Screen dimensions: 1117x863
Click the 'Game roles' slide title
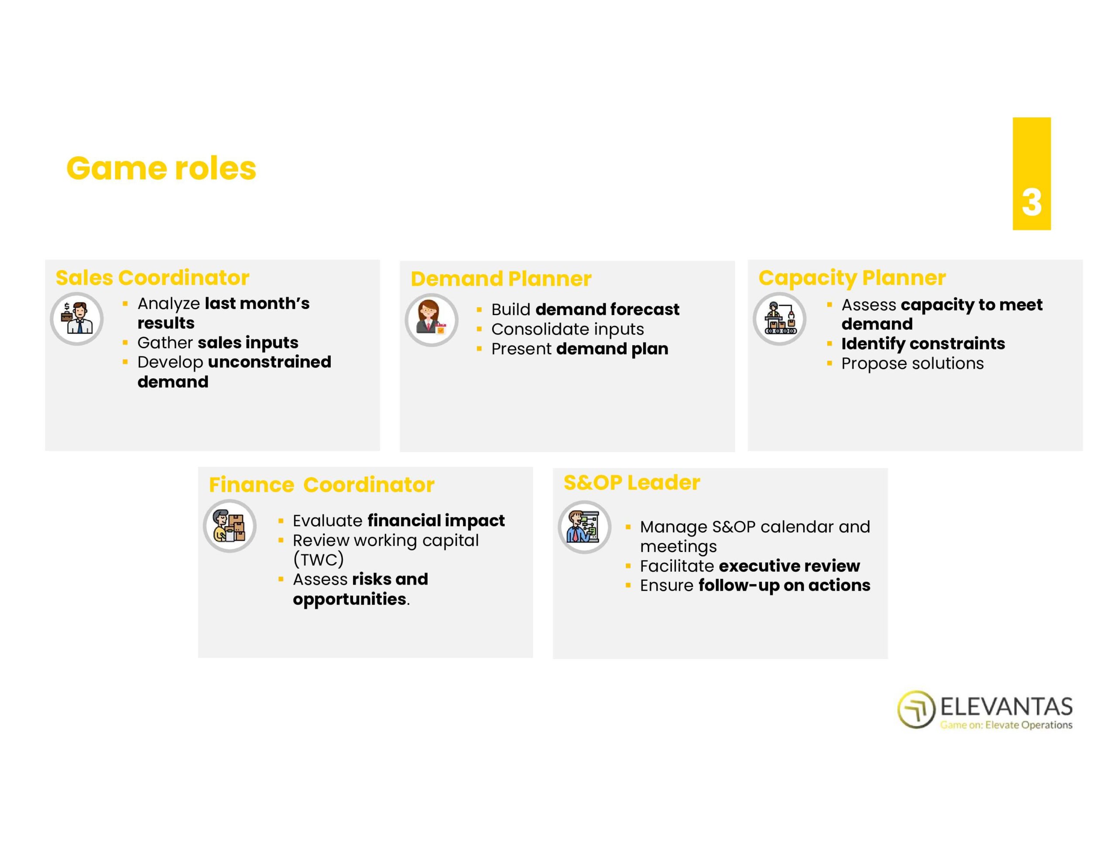(x=161, y=168)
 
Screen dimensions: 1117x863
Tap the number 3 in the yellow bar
(x=1031, y=202)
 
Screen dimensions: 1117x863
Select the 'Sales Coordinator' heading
(x=152, y=278)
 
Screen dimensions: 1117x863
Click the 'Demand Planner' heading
(x=501, y=279)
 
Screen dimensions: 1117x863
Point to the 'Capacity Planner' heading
(x=852, y=278)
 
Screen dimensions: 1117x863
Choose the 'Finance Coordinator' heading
(x=322, y=484)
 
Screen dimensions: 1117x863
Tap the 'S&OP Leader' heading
(x=632, y=483)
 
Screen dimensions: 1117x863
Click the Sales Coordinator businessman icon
(x=77, y=318)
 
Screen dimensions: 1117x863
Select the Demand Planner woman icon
(x=432, y=320)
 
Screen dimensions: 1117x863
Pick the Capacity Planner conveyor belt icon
(x=779, y=318)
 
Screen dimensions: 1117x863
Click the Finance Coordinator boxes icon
(x=230, y=526)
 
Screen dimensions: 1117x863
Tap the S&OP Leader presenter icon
(x=585, y=527)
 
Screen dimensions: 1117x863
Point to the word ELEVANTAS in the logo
(x=1007, y=706)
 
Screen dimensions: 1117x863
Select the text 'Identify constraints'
(x=923, y=343)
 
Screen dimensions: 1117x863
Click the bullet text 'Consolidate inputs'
(x=568, y=329)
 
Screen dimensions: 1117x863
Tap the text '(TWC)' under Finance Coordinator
(x=318, y=560)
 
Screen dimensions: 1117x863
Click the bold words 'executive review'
(x=789, y=566)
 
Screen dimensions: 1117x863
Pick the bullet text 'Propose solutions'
(x=912, y=363)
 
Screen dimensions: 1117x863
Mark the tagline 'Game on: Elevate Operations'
(x=1006, y=724)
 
